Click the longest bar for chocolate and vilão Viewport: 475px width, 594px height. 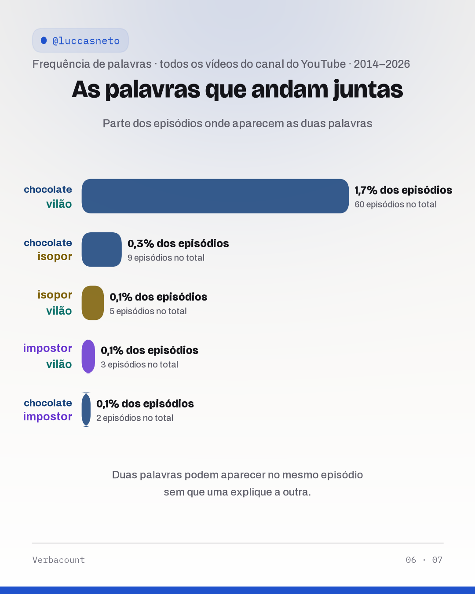coord(215,196)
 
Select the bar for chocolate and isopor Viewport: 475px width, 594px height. coord(102,249)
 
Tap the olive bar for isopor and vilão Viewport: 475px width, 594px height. coord(93,303)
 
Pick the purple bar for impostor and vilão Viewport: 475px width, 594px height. coord(88,356)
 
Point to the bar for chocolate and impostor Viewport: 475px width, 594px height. coord(86,410)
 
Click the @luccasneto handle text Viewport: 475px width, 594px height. coord(86,41)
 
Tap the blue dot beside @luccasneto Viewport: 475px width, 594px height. coord(44,40)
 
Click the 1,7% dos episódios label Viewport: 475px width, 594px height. coord(403,190)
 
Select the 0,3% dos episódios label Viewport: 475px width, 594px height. coord(178,244)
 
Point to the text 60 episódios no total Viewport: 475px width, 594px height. coord(395,205)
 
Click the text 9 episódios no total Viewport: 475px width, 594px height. coord(166,258)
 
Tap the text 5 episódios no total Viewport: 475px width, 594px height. coord(148,312)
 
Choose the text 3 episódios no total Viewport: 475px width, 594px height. coord(139,365)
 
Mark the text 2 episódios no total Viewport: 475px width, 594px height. coord(135,418)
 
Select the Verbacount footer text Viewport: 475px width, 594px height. coord(58,560)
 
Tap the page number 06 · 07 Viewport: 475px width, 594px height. coord(424,560)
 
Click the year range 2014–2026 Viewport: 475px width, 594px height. coord(382,64)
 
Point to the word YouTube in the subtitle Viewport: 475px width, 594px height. coord(323,64)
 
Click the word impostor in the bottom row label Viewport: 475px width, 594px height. coord(47,417)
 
